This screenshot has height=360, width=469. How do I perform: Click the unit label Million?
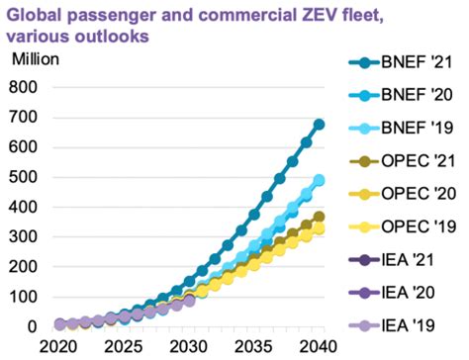(x=37, y=56)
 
